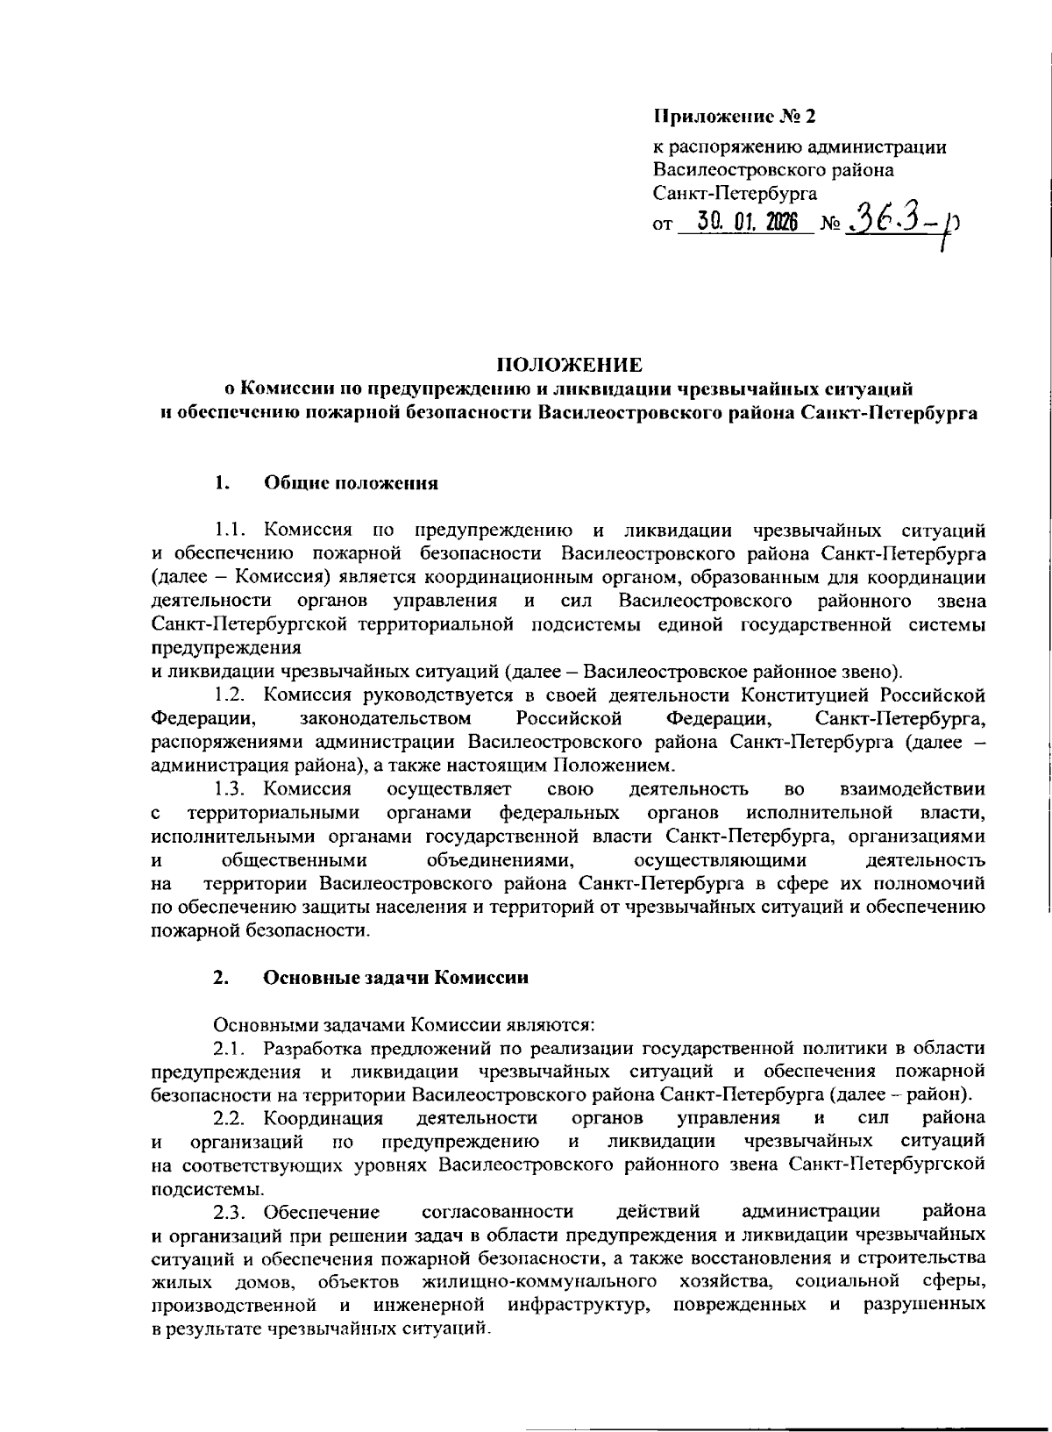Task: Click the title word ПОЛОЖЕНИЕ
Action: point(570,364)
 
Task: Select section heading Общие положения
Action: point(351,482)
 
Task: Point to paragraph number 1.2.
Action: point(234,695)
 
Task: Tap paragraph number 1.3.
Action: point(234,790)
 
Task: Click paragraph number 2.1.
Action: point(234,1047)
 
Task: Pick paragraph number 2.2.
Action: point(234,1117)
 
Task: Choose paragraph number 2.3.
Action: point(234,1212)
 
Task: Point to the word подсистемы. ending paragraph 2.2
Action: point(208,1189)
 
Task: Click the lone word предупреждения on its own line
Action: point(226,649)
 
